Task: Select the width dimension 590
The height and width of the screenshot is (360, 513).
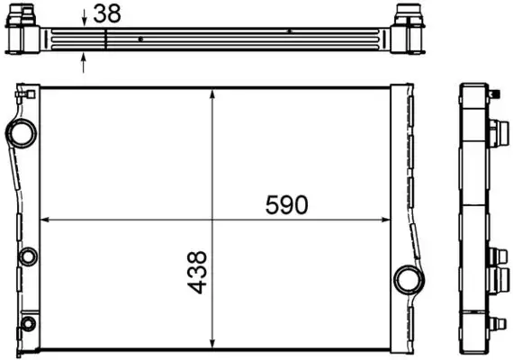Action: tap(286, 205)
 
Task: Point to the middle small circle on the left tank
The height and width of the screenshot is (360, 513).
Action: tap(27, 256)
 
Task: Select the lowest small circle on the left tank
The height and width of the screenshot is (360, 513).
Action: tap(29, 323)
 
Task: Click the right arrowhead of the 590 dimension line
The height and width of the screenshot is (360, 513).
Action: tap(387, 219)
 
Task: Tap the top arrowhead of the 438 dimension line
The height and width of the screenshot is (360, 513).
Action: tap(211, 93)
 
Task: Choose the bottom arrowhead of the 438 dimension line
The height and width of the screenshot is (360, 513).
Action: tap(211, 343)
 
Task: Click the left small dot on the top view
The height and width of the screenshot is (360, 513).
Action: tap(141, 39)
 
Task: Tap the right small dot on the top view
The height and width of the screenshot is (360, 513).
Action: tap(289, 31)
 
